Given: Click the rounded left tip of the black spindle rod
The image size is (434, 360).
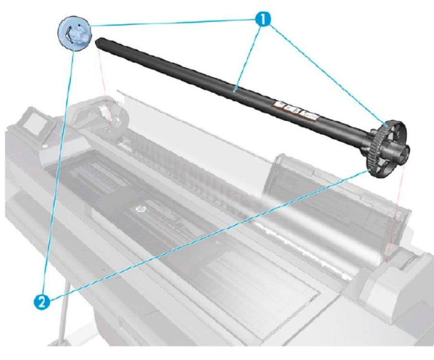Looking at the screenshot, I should tap(99, 42).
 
